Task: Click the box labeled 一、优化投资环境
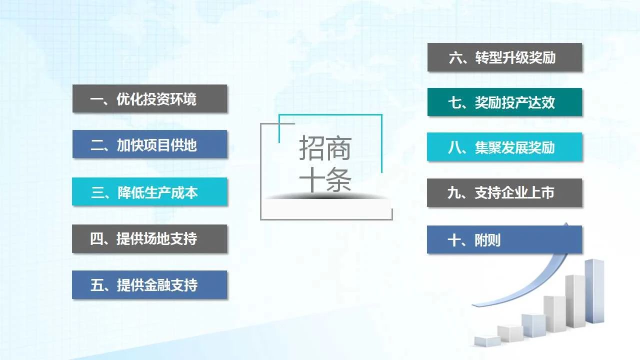click(149, 98)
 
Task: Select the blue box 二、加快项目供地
click(149, 144)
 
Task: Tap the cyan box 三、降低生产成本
click(149, 191)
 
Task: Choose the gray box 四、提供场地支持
click(149, 239)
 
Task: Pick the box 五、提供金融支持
click(149, 285)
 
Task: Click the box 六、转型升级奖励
click(504, 57)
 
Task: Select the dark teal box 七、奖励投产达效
click(504, 102)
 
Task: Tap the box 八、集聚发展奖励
click(504, 147)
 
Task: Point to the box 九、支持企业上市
click(504, 192)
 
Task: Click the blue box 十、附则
click(504, 239)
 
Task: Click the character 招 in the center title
click(311, 147)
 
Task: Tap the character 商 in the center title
click(338, 147)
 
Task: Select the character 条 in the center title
click(338, 179)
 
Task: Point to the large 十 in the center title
click(311, 179)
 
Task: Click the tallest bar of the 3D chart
click(594, 291)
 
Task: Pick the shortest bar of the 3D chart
click(487, 341)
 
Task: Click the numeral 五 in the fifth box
click(96, 285)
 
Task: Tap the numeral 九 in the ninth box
click(453, 193)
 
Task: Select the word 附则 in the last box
click(487, 240)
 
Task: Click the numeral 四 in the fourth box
click(96, 239)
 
